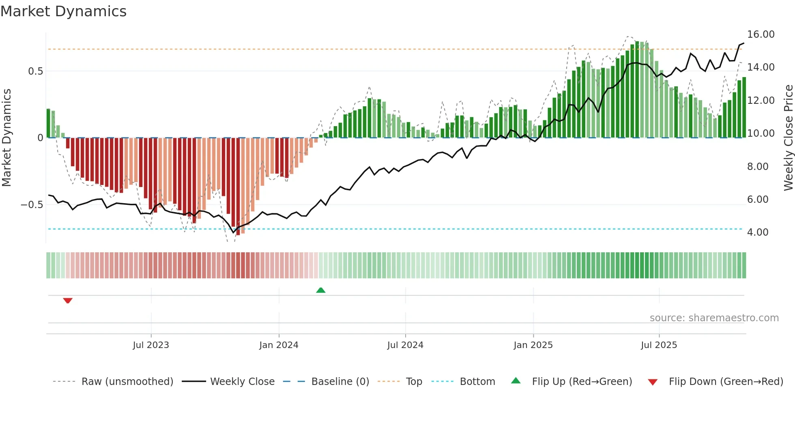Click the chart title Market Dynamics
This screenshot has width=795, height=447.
(63, 11)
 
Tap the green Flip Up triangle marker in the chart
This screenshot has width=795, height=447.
(321, 290)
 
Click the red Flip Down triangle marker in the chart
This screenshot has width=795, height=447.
(68, 301)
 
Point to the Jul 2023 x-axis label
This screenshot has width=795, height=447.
(151, 345)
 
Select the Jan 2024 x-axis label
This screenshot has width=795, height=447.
(279, 345)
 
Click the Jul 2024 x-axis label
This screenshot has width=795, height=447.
(405, 345)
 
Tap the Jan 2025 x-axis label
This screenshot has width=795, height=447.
(533, 345)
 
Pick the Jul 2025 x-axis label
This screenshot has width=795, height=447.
(659, 345)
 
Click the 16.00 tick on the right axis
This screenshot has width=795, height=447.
(761, 34)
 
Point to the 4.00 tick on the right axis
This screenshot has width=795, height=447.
(758, 232)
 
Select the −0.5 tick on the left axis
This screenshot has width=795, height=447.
(32, 205)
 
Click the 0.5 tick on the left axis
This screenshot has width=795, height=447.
(35, 71)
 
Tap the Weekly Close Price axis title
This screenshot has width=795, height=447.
(788, 138)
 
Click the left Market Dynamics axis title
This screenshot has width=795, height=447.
(6, 138)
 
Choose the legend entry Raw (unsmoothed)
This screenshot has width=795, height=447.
(127, 382)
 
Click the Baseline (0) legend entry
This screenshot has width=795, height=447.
(340, 382)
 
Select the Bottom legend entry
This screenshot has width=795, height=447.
(477, 382)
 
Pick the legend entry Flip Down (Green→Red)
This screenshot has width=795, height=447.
(726, 382)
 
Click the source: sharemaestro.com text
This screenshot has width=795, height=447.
(714, 318)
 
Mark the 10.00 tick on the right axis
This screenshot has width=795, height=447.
(761, 133)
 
